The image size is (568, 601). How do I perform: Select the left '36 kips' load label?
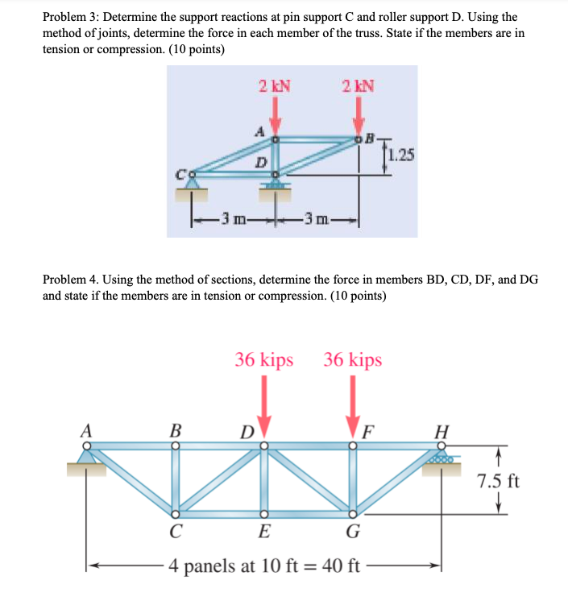[x=264, y=360]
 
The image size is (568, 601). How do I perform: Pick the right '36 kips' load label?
[x=353, y=360]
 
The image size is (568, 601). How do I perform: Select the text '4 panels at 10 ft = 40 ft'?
[x=264, y=565]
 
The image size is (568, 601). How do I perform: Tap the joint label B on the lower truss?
[x=175, y=430]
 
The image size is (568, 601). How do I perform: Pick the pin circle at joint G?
[x=352, y=512]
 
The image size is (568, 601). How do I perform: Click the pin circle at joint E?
[x=263, y=512]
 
